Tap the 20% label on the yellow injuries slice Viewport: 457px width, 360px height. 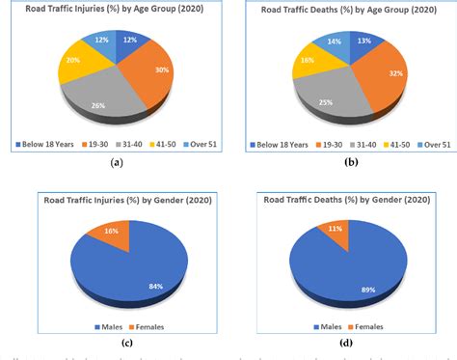pyautogui.click(x=73, y=60)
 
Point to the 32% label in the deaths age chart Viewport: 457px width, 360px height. pyautogui.click(x=395, y=72)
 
